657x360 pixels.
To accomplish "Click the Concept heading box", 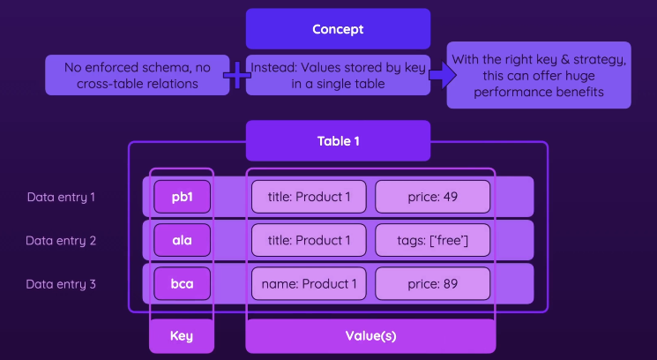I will (338, 29).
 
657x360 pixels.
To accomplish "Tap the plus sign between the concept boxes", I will (236, 75).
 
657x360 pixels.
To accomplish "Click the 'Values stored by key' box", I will (338, 75).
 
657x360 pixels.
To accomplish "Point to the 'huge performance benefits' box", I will (539, 75).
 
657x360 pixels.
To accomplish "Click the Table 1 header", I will (338, 140).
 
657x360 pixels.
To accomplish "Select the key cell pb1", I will (182, 196).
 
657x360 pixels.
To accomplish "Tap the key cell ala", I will (182, 240).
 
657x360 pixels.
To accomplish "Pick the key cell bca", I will (182, 284).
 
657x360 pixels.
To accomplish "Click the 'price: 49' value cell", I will (432, 196).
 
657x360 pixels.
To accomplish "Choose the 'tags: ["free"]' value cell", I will (432, 240).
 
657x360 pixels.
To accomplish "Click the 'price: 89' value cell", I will (432, 284).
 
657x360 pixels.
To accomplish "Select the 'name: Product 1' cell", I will (309, 284).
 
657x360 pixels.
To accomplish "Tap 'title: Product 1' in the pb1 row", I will (309, 196).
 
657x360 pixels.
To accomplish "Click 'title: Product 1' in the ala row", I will (309, 240).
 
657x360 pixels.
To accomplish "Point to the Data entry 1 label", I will (61, 196).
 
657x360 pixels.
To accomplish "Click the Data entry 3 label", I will (61, 284).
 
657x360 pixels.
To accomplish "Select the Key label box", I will (182, 336).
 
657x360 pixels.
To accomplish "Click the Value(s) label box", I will (370, 336).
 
